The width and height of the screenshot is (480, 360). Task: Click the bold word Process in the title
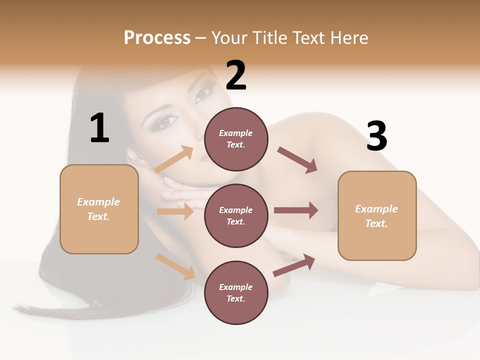[x=157, y=37]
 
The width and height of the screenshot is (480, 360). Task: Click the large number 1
[x=99, y=128]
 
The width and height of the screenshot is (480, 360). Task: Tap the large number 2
[x=236, y=75]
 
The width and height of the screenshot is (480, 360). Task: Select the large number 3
[x=376, y=136]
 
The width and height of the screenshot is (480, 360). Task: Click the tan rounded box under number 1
[x=99, y=209]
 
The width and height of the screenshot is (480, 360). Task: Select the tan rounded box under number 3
[x=377, y=215]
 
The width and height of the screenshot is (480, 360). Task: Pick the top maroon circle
[x=236, y=139]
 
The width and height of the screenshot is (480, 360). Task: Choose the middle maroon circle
[x=236, y=215]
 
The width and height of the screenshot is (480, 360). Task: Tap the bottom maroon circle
[x=236, y=292]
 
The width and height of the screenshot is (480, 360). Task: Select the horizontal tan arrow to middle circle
[x=175, y=211]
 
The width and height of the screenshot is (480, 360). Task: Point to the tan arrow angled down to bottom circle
[x=175, y=266]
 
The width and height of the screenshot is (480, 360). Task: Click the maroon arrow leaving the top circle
[x=297, y=160]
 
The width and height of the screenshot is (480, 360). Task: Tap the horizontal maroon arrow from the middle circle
[x=296, y=210]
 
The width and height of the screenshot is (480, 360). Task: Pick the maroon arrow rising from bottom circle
[x=294, y=265]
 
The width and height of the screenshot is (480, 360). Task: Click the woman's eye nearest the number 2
[x=202, y=94]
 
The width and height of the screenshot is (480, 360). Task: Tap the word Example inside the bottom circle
[x=236, y=287]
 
